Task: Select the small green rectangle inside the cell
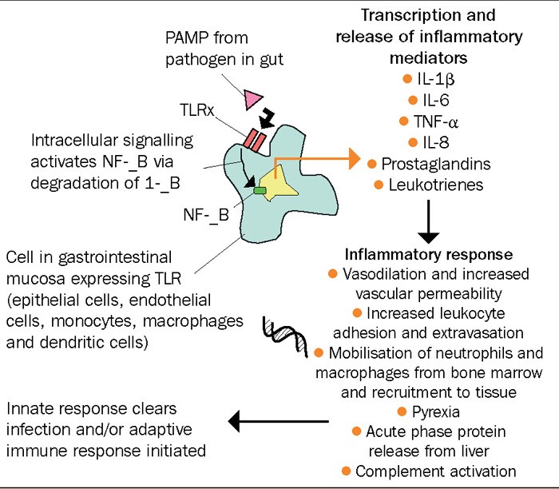[x=260, y=190]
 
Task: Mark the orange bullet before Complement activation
[x=347, y=471]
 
